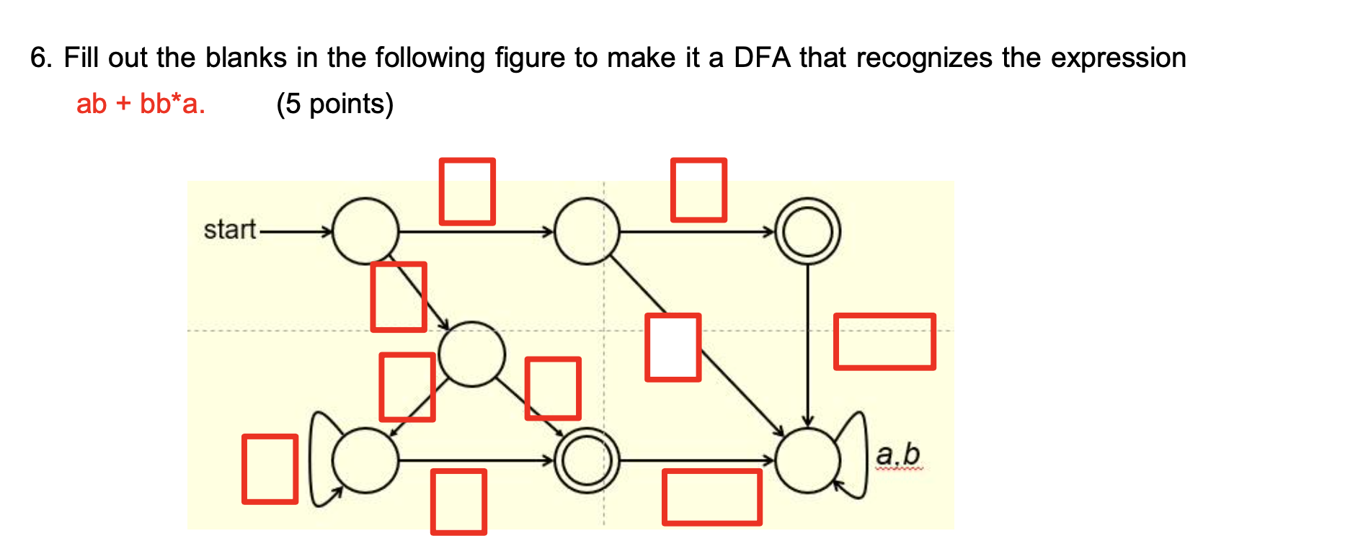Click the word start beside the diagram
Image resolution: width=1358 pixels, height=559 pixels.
(x=229, y=230)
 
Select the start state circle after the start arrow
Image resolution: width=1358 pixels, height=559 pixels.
(x=365, y=231)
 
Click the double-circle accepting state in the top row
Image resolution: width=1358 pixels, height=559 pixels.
(x=807, y=231)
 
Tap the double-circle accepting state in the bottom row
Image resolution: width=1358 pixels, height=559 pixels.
(x=587, y=460)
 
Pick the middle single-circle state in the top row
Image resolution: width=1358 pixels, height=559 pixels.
(x=587, y=231)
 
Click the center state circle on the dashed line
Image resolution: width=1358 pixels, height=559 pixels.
(x=471, y=354)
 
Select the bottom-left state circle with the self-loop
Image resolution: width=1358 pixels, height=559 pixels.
(x=365, y=460)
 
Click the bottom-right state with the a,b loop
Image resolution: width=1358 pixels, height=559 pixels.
(x=807, y=460)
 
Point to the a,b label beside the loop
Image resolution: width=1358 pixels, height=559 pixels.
(x=898, y=455)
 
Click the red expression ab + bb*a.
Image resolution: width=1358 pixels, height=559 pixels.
(x=141, y=104)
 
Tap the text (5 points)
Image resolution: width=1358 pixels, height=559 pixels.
(x=334, y=104)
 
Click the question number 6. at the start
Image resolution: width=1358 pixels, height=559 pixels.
(x=41, y=58)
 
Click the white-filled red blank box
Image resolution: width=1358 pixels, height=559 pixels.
(x=673, y=347)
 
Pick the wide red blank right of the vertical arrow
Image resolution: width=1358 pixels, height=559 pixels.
(x=884, y=341)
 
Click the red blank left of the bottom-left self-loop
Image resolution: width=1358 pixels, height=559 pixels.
(x=270, y=469)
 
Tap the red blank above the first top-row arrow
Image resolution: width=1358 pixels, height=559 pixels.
(x=467, y=192)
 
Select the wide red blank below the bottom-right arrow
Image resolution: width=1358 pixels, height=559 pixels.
(x=711, y=497)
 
